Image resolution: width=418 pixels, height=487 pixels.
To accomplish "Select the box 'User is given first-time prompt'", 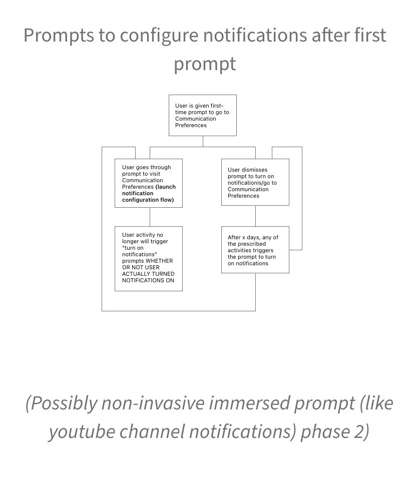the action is click(x=202, y=115).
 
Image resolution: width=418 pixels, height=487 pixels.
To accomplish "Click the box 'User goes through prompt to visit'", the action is click(x=148, y=183).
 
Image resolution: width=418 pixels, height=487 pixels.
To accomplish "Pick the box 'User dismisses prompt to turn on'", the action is click(x=255, y=182).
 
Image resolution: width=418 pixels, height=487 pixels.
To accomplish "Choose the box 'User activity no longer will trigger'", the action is click(x=148, y=258).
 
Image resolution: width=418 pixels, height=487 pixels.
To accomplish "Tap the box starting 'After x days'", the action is click(x=255, y=250).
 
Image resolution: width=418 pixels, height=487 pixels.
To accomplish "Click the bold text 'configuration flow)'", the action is click(x=148, y=200).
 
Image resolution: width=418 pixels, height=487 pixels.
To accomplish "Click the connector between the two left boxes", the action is click(x=150, y=217).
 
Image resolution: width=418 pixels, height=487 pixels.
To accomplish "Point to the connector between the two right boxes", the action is click(x=255, y=216).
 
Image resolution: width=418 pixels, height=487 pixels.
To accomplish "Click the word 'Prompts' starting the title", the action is click(x=52, y=36).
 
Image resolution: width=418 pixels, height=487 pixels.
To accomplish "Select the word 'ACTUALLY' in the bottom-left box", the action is click(x=137, y=274).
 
